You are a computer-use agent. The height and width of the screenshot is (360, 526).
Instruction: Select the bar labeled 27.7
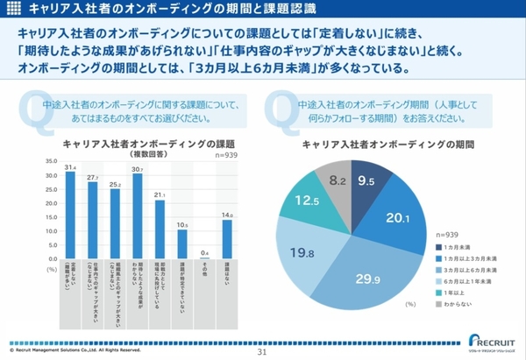point(92,215)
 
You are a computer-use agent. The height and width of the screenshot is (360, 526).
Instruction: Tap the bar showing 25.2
point(115,219)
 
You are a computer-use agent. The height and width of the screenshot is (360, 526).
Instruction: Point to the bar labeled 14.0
point(226,236)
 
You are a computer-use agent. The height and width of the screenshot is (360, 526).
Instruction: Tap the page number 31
point(261,352)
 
